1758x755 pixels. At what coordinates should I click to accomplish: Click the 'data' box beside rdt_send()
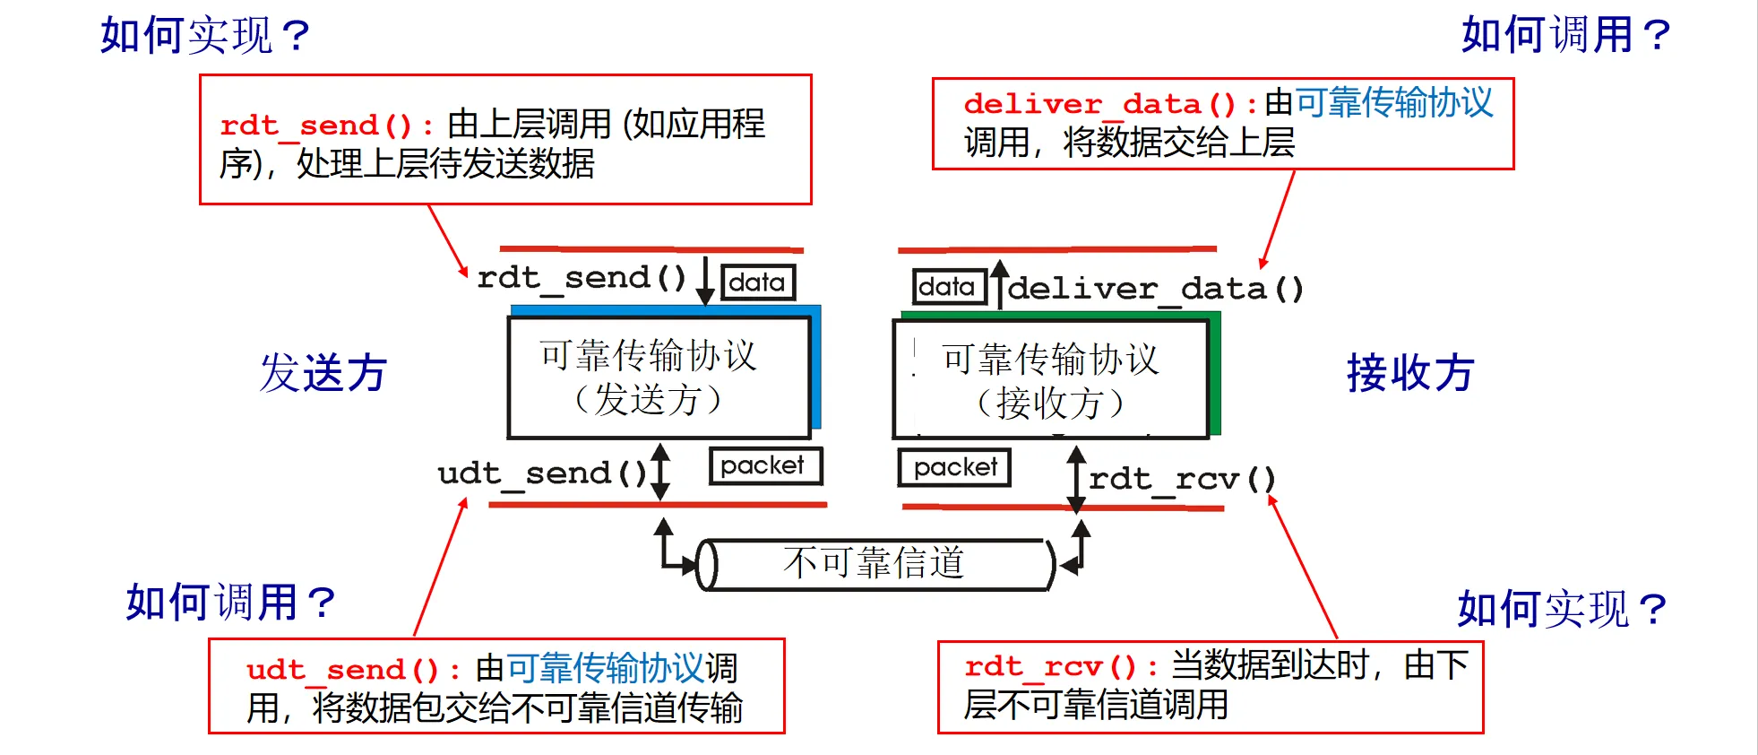tap(757, 282)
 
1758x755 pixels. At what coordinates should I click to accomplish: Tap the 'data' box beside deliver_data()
tap(948, 287)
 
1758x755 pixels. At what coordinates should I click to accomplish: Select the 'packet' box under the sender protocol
tap(764, 465)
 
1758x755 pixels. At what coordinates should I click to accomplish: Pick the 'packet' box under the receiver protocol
tap(955, 467)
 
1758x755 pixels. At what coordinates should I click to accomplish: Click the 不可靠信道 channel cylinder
tap(875, 564)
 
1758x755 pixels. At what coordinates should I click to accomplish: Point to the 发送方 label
tap(323, 373)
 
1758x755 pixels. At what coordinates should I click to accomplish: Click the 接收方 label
tap(1410, 373)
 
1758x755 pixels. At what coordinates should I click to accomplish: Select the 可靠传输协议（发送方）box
tap(659, 377)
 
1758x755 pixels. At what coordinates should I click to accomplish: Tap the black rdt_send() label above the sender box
tap(582, 278)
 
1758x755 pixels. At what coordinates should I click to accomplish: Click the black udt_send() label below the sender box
tap(542, 473)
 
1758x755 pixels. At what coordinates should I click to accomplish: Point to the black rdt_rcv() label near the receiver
tap(1182, 480)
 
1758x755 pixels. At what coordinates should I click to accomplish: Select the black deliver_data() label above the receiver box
tap(1155, 289)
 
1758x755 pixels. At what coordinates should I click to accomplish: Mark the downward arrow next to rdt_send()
tap(705, 280)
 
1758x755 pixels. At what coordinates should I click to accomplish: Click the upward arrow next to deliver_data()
tap(999, 283)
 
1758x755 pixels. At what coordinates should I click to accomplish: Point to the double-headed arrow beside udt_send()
tap(660, 472)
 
